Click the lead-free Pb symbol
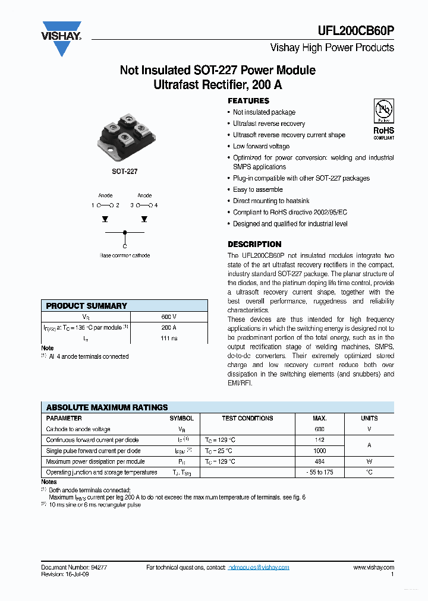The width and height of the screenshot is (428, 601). [383, 111]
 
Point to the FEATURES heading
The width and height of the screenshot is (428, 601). [248, 101]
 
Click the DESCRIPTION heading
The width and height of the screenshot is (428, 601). [254, 244]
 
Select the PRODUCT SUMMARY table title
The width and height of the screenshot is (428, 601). [87, 306]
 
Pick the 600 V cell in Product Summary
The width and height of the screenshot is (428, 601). [169, 317]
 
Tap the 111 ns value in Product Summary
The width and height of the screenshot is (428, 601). [169, 338]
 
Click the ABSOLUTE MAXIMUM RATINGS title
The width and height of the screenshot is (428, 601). [107, 407]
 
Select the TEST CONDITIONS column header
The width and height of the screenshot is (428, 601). [247, 418]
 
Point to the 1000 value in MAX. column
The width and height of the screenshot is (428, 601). [319, 451]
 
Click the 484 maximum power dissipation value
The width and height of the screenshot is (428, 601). [319, 461]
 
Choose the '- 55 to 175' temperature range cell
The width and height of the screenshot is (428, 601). [319, 472]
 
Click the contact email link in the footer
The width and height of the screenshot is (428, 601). [259, 568]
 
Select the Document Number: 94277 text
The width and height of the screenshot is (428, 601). [74, 568]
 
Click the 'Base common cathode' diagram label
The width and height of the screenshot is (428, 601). [125, 255]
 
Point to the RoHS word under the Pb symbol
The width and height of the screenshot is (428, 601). [383, 131]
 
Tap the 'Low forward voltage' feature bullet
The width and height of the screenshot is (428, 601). [261, 146]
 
